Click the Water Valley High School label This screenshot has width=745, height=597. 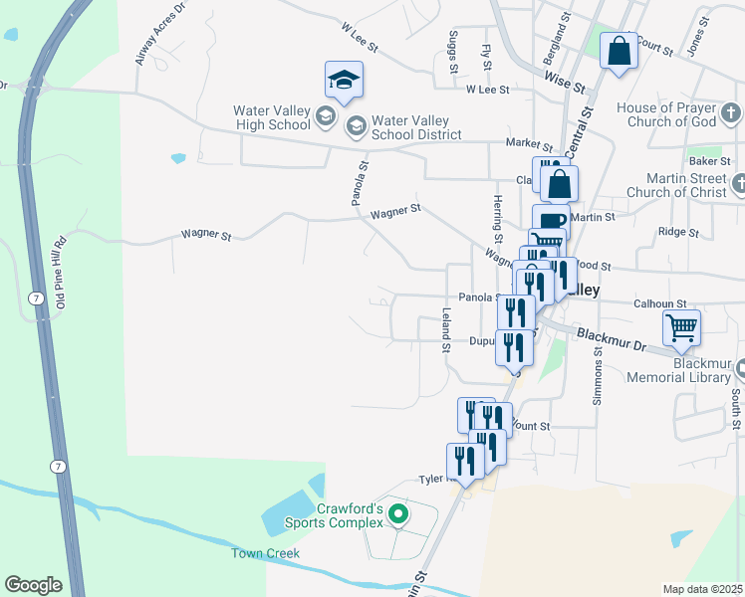point(271,118)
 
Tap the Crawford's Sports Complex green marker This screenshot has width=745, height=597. point(398,514)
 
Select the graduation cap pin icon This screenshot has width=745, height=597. point(344,82)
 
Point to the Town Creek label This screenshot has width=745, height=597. point(266,553)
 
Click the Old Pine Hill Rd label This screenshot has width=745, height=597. point(61,272)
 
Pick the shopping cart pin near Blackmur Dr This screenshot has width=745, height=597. point(681,327)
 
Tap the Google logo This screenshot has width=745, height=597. point(33,585)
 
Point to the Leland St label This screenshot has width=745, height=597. point(447,326)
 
